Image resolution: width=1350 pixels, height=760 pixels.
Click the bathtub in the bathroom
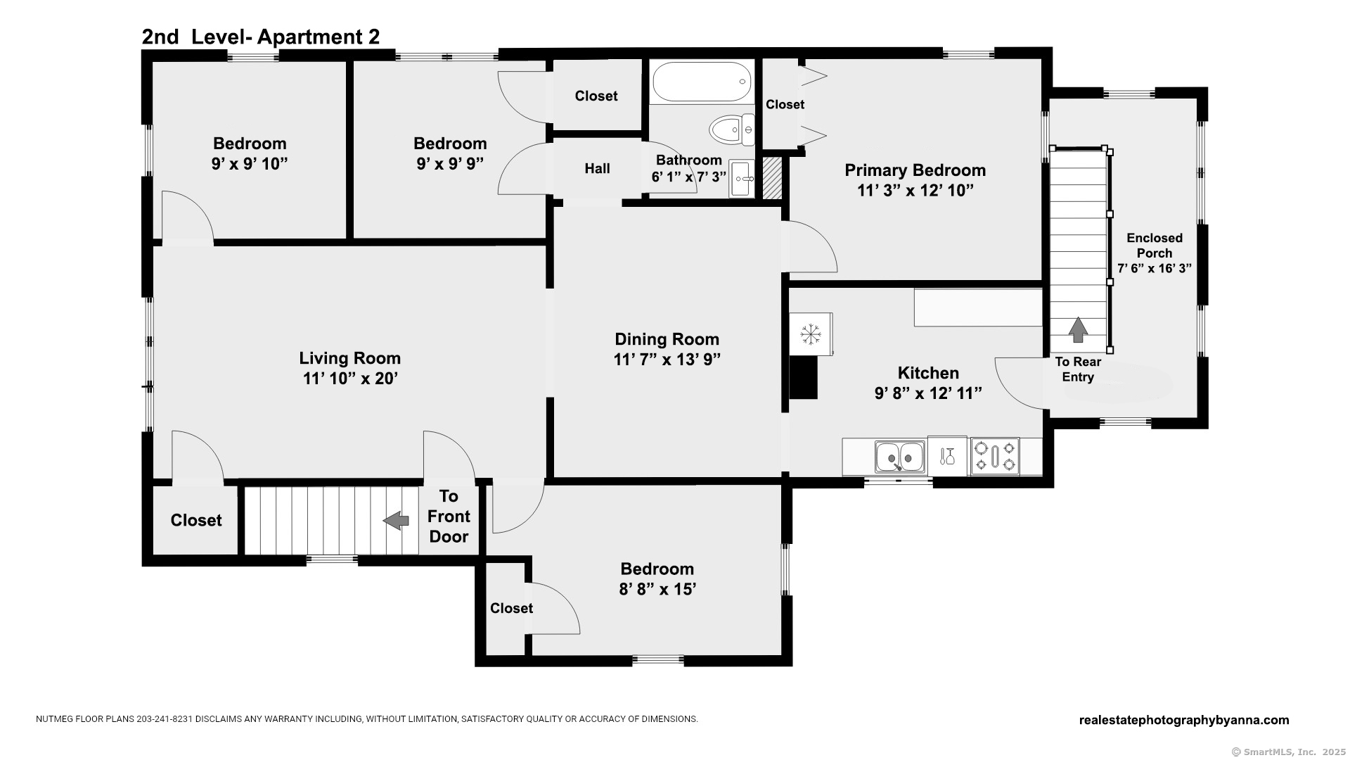[702, 82]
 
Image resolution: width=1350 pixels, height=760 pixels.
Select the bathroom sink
[742, 179]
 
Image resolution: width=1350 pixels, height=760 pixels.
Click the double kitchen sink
[900, 457]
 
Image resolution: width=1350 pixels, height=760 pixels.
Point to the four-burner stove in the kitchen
[995, 456]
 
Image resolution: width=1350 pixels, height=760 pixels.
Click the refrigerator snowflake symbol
[811, 334]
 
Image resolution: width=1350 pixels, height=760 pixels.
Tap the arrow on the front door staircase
[396, 521]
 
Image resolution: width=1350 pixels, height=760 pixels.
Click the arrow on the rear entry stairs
[1078, 329]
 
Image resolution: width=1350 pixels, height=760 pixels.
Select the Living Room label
[350, 358]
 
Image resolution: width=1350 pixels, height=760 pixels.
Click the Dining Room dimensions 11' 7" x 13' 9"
[667, 360]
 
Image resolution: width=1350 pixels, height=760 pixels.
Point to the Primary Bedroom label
[915, 170]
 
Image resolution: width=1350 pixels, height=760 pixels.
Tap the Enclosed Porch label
[1155, 246]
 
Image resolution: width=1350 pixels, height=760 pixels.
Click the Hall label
[598, 168]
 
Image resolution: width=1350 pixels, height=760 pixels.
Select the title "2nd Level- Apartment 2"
[261, 37]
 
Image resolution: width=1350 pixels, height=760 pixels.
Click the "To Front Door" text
[449, 517]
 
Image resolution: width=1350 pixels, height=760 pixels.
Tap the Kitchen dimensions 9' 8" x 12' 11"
[928, 393]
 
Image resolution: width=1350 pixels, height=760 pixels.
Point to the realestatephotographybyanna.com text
[1184, 720]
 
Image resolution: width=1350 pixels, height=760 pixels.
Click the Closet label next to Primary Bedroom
[785, 104]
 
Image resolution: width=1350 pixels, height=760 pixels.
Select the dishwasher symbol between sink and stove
[947, 456]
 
